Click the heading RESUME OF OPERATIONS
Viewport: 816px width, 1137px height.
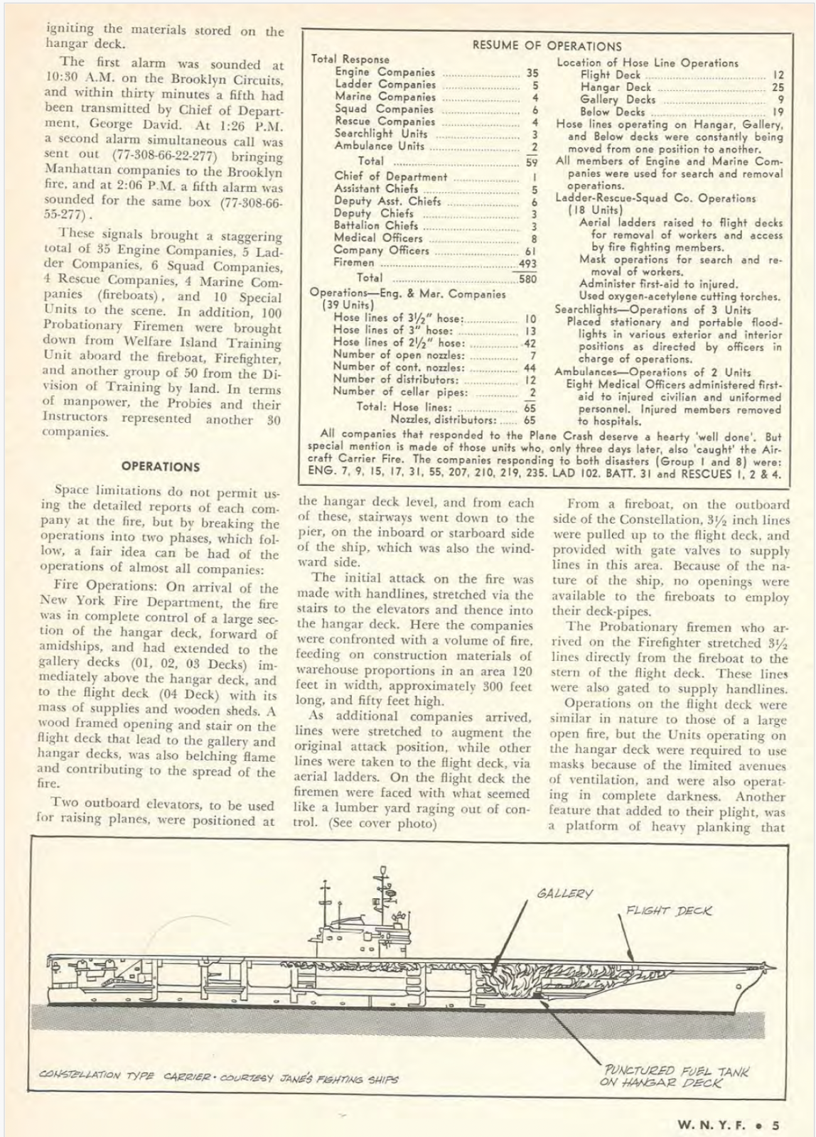pyautogui.click(x=547, y=46)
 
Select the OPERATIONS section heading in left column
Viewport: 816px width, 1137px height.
pyautogui.click(x=160, y=467)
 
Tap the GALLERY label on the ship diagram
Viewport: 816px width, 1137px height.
pyautogui.click(x=565, y=893)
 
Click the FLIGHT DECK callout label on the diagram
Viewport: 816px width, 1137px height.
pyautogui.click(x=668, y=910)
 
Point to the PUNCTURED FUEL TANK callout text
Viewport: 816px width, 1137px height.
pyautogui.click(x=675, y=1077)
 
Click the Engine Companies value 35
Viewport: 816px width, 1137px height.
pyautogui.click(x=532, y=72)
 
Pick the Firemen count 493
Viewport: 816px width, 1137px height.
pyautogui.click(x=527, y=264)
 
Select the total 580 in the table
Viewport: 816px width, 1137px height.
pyautogui.click(x=527, y=279)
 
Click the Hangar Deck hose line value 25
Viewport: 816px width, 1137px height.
pyautogui.click(x=778, y=87)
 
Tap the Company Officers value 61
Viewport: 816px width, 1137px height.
pyautogui.click(x=530, y=251)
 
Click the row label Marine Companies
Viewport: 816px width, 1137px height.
pyautogui.click(x=385, y=97)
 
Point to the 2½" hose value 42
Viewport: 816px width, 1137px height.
pyautogui.click(x=529, y=343)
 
